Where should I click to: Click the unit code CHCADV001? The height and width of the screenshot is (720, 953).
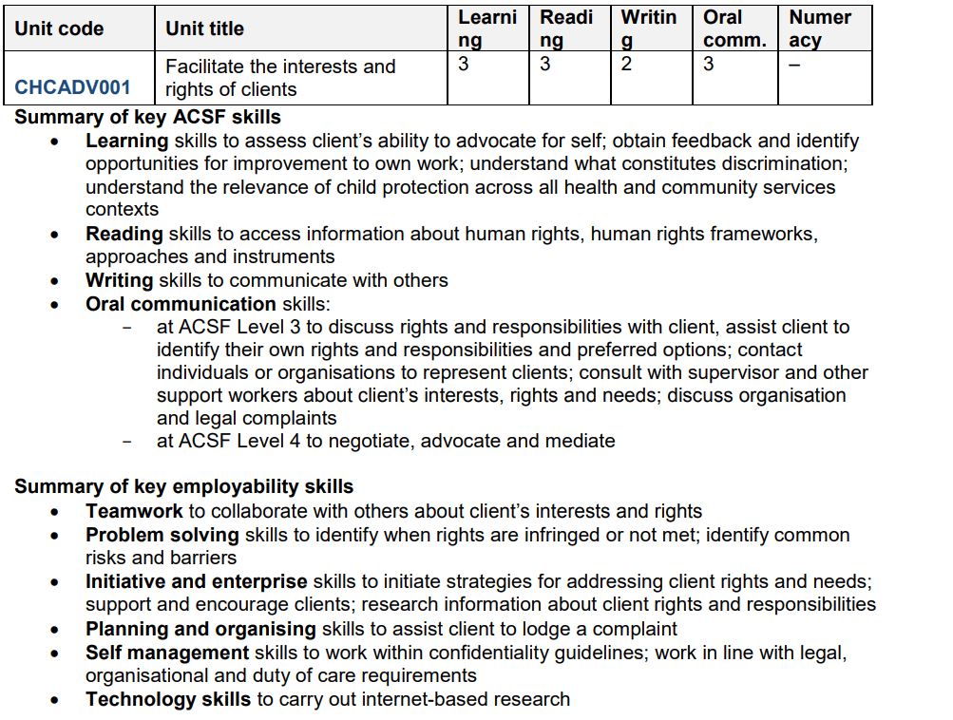pos(72,88)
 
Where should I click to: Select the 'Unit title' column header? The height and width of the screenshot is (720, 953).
pos(204,28)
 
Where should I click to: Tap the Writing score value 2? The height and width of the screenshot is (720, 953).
pos(626,65)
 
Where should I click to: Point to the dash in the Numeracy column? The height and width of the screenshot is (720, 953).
pos(794,65)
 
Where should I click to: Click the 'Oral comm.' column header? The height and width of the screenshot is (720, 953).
pos(734,28)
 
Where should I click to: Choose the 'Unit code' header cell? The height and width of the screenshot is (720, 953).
pos(59,28)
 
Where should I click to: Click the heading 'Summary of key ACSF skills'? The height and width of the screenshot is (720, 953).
pos(147,117)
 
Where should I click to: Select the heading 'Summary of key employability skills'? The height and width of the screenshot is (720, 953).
pos(183,487)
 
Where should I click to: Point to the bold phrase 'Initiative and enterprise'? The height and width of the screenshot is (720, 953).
pos(196,581)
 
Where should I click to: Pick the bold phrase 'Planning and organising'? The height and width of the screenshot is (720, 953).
pos(200,629)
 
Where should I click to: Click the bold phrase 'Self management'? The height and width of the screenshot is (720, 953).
pos(167,653)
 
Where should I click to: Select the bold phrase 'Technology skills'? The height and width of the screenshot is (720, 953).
pos(168,700)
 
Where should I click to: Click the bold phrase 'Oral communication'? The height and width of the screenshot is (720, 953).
pos(181,304)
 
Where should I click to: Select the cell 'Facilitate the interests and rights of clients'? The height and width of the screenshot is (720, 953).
pos(279,78)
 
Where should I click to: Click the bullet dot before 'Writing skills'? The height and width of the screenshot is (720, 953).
pos(58,281)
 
